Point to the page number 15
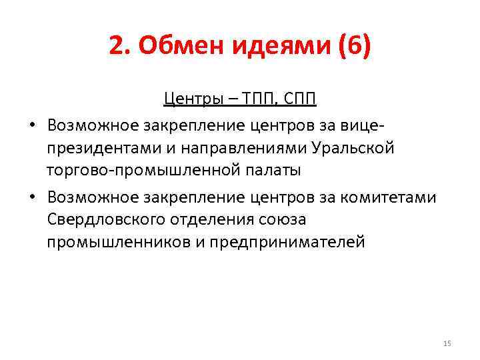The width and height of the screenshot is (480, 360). [447, 343]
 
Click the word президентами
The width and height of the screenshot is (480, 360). [97, 148]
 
